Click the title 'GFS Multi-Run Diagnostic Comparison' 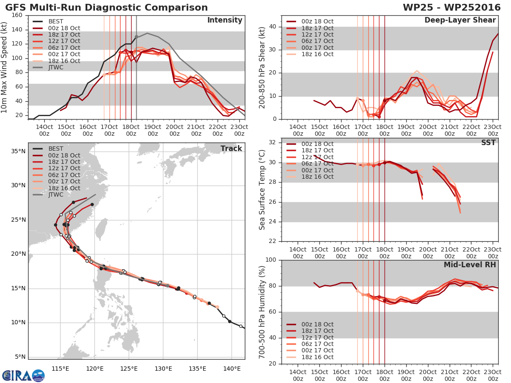coord(106,7)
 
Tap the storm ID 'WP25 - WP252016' coord(452,7)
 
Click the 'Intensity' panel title coord(225,20)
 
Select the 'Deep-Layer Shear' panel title coord(460,20)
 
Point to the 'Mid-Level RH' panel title coord(470,265)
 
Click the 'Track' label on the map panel coord(231,149)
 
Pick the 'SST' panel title coord(488,143)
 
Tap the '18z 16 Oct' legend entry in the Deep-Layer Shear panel coord(310,54)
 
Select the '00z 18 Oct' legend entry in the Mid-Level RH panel coord(310,324)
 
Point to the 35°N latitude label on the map coord(18,151)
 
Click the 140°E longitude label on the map coord(232,369)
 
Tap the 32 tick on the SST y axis coord(273,142)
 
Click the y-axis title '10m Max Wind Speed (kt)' coord(4,67)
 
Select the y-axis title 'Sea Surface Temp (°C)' coord(262,190)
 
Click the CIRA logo coord(23,376)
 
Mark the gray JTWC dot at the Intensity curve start coord(136,37)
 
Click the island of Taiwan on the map coord(102,229)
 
